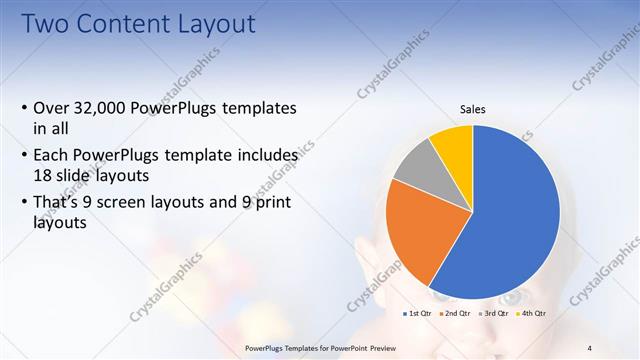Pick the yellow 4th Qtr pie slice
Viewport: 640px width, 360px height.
coord(455,145)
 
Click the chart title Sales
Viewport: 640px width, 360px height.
coord(473,109)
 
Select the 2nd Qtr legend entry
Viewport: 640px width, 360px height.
coord(456,314)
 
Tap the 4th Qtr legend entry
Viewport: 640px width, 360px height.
coord(531,314)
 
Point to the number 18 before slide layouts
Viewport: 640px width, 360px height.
coord(44,173)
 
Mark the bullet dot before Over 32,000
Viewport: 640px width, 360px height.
coord(24,108)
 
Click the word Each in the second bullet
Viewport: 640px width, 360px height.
coord(52,156)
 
